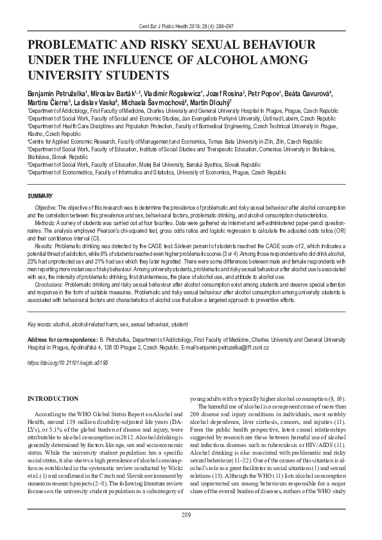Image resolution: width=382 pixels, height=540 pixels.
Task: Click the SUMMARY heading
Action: point(40,194)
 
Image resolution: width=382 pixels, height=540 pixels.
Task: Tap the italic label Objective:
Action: point(46,208)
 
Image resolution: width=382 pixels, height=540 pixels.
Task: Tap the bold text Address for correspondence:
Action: point(64,338)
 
